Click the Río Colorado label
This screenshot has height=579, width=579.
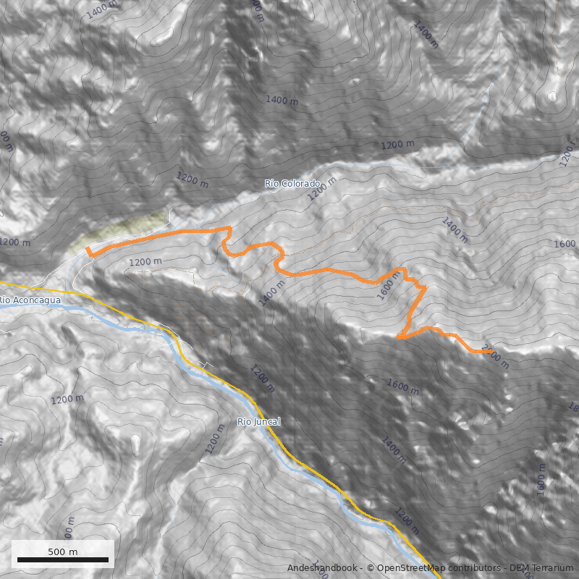click(292, 184)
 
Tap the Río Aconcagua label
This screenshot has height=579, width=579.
click(28, 300)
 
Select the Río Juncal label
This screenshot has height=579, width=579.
click(258, 421)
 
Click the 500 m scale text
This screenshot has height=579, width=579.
click(63, 551)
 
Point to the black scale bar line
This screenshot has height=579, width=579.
click(63, 559)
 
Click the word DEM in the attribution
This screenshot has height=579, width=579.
click(520, 568)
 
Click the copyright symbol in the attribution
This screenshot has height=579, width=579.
click(371, 568)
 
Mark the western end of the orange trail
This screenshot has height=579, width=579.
click(87, 248)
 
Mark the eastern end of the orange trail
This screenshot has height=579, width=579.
click(492, 351)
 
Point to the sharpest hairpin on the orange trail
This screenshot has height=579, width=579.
click(399, 337)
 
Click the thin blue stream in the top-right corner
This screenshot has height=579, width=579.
click(499, 43)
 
